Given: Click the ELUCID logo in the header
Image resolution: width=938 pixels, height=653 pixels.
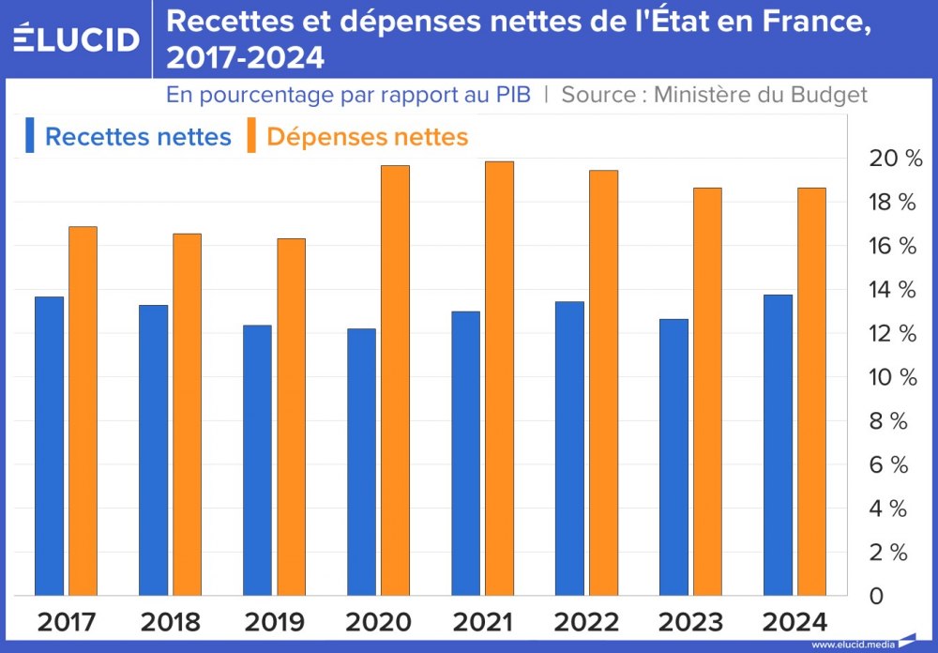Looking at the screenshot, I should click(x=77, y=38).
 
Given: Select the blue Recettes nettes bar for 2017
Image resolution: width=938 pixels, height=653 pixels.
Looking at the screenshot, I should click(x=49, y=446).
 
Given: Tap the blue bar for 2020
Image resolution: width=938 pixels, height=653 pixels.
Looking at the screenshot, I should click(x=361, y=462).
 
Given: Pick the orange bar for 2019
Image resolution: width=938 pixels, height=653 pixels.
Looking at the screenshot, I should click(x=291, y=417).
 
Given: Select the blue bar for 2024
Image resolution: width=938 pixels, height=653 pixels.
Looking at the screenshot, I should click(x=778, y=445).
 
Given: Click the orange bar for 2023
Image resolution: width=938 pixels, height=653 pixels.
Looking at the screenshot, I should click(x=707, y=391).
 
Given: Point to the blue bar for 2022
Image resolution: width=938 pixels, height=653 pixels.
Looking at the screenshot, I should click(x=569, y=448).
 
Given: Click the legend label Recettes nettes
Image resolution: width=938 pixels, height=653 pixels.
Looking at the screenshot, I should click(x=138, y=137).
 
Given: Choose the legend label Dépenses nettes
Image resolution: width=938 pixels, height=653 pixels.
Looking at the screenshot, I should click(x=367, y=137).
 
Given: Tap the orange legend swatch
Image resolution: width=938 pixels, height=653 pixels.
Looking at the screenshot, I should click(x=252, y=135).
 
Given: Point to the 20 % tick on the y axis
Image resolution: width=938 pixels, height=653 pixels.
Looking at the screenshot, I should click(x=896, y=159).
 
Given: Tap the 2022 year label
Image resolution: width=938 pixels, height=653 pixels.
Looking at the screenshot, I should click(x=587, y=622).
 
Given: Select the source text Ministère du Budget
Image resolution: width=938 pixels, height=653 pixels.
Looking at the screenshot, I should click(x=760, y=95).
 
